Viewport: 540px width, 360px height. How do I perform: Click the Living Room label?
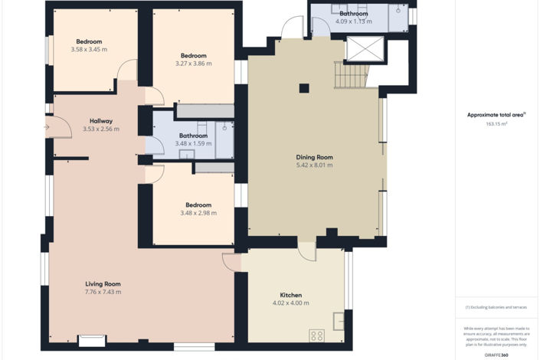click(103, 284)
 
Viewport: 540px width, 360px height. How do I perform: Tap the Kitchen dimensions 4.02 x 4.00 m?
click(290, 303)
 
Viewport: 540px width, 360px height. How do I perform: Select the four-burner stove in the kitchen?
click(316, 335)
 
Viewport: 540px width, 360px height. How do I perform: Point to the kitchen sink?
click(338, 320)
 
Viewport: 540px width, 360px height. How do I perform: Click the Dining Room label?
click(314, 157)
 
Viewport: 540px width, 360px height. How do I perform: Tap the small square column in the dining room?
click(304, 87)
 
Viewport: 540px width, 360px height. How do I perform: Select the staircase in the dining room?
click(351, 75)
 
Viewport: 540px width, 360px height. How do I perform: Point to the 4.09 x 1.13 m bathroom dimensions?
click(353, 21)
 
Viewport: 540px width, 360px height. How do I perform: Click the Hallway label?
click(101, 121)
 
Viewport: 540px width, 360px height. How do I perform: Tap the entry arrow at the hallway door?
click(47, 127)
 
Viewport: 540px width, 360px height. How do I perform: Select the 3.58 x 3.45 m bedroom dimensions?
click(89, 50)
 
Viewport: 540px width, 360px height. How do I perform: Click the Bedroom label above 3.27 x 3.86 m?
click(193, 56)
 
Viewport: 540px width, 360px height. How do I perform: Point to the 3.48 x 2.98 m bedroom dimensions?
click(193, 213)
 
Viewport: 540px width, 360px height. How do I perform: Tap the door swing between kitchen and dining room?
click(306, 250)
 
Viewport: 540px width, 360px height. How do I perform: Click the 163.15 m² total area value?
click(496, 123)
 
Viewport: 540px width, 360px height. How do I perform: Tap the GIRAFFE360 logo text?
click(496, 355)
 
